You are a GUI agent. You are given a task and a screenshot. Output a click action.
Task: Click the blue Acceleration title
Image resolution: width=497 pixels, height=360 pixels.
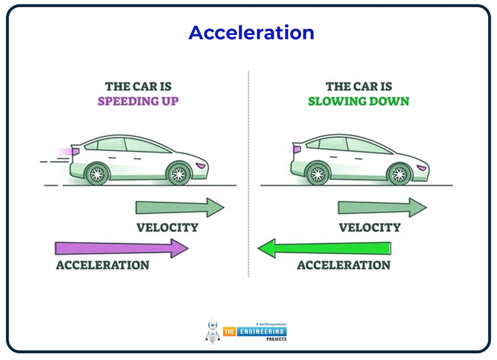coord(251,33)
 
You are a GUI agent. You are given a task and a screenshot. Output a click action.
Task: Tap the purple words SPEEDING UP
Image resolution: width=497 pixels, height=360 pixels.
coord(138,101)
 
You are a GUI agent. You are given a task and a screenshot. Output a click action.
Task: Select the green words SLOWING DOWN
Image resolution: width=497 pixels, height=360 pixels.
coord(358,101)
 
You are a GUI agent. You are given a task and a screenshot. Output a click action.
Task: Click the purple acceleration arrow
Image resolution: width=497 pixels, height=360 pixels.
coord(121,248)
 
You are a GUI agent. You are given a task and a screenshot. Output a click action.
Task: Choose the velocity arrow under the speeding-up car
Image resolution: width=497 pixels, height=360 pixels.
coord(180,207)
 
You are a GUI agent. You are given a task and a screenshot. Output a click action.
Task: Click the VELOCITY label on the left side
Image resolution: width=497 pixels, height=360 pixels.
coord(167,227)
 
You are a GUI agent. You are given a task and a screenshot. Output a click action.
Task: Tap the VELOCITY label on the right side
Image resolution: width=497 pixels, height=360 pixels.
coord(369,227)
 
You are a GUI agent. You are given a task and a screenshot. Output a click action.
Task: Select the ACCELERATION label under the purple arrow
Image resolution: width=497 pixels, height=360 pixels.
coord(102,265)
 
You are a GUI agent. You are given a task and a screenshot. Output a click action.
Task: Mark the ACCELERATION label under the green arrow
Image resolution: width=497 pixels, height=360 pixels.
coord(344,265)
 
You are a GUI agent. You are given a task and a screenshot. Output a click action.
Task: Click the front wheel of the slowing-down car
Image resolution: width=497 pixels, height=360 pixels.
coord(399,173)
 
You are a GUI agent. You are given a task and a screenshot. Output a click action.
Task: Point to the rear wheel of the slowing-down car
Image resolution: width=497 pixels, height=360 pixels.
coord(318,173)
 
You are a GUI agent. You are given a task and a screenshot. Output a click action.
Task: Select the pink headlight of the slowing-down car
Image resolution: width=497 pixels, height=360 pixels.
coord(422,168)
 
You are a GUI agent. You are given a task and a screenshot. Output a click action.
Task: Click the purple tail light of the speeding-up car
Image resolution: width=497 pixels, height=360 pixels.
coord(75,152)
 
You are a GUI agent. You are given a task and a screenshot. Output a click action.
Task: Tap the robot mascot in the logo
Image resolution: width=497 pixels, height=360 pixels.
coord(213,331)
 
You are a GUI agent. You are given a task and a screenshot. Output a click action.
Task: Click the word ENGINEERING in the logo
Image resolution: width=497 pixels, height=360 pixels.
coord(261,331)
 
